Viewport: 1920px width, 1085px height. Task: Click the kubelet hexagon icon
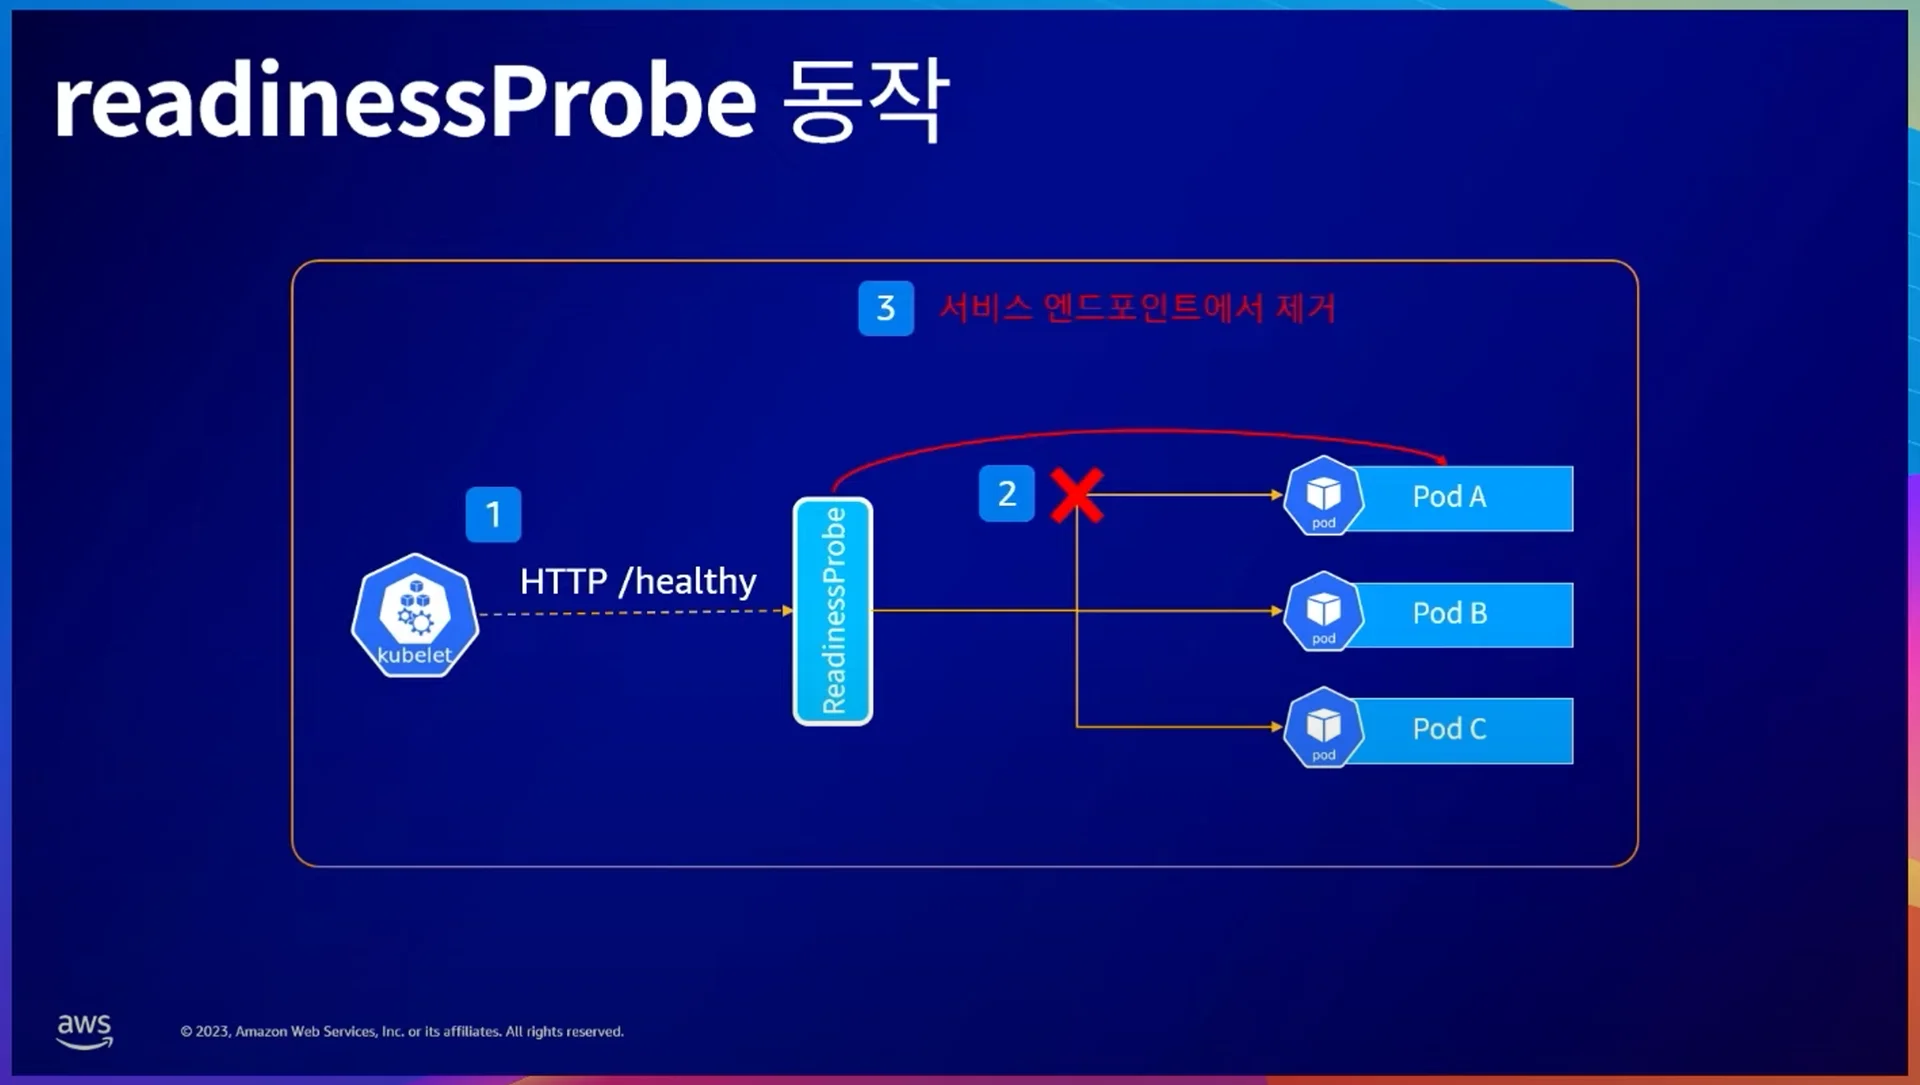pos(415,615)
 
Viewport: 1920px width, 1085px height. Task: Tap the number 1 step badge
pos(493,514)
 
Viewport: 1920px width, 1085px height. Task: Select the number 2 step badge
pos(1006,493)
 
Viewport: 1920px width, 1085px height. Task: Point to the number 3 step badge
pos(885,308)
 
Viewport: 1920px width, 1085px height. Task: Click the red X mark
pos(1077,495)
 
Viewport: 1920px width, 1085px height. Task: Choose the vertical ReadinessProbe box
pos(832,611)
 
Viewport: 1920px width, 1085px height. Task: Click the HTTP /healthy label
pos(637,581)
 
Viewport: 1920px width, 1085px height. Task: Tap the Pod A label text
pos(1449,497)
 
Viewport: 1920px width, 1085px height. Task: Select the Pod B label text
pos(1449,613)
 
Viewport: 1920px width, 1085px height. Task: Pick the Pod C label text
pos(1449,729)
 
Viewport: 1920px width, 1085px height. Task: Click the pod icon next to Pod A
pos(1323,496)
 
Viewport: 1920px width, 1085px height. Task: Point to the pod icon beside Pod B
pos(1323,612)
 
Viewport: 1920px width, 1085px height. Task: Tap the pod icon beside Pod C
pos(1323,728)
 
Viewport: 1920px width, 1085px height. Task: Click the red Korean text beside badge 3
pos(1137,308)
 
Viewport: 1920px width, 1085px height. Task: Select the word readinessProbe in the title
pos(405,102)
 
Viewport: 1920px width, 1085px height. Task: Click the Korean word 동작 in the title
pos(865,100)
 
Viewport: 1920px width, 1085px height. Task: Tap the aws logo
pos(84,1030)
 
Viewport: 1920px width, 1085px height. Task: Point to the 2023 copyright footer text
pos(402,1031)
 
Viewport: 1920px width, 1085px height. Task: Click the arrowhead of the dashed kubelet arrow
pos(788,610)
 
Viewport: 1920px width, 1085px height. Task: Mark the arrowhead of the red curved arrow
pos(1442,460)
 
